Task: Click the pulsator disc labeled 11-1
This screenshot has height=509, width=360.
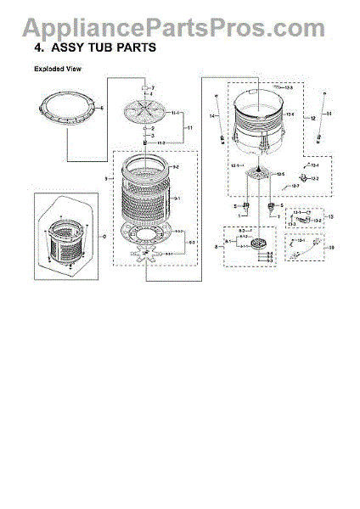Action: point(145,111)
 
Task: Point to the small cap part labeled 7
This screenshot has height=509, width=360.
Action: point(145,88)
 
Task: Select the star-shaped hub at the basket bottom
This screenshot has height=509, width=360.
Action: point(149,252)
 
